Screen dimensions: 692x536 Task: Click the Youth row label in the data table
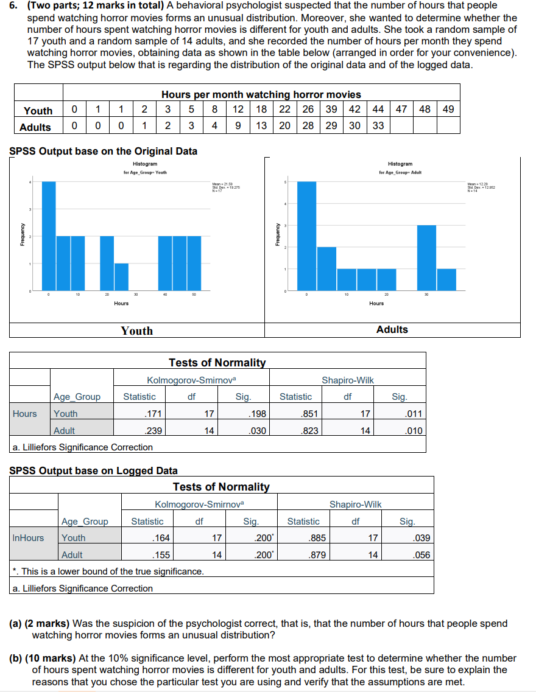(38, 110)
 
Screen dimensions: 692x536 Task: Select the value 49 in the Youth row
(448, 110)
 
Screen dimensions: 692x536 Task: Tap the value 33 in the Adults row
(378, 127)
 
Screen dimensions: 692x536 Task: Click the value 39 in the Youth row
(331, 110)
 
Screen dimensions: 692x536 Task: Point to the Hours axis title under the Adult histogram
(376, 303)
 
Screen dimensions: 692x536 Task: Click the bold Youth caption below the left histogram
(137, 330)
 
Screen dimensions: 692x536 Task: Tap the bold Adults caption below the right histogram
(392, 329)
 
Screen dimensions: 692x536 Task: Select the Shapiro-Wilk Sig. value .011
(414, 414)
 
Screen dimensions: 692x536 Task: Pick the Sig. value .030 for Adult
(259, 430)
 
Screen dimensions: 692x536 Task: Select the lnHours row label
(29, 538)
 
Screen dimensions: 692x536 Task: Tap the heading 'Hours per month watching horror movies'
(261, 94)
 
